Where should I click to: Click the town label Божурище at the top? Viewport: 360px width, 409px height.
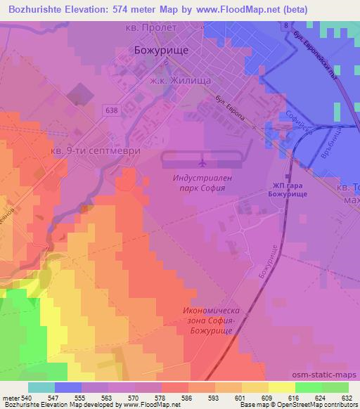click(158, 51)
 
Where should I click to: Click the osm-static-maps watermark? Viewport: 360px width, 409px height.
click(330, 375)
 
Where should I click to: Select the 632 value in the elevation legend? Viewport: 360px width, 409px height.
click(348, 398)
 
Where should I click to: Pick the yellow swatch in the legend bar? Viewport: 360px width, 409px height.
click(282, 387)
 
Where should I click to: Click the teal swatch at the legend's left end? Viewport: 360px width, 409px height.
click(41, 387)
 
